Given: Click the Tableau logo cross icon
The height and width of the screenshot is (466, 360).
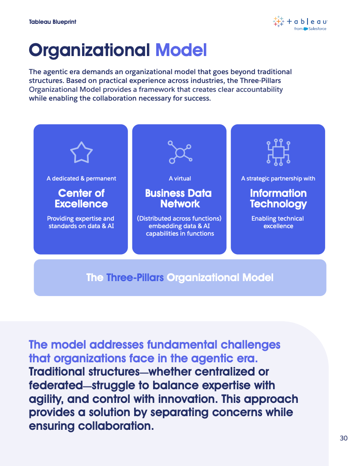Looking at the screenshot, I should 278,21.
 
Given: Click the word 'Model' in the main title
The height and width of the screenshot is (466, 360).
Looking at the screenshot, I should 181,50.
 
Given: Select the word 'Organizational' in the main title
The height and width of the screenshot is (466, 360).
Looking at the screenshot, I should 90,50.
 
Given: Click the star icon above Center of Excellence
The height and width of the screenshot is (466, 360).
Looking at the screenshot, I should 81,152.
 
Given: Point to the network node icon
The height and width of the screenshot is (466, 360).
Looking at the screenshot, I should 180,152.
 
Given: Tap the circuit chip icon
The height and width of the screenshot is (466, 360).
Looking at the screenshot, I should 278,152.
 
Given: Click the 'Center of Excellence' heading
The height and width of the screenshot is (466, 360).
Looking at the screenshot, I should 81,198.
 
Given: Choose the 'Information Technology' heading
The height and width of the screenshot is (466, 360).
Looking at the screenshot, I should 278,198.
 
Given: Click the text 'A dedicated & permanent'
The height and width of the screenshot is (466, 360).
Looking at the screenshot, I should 81,179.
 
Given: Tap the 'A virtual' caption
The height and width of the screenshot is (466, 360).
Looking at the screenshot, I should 180,179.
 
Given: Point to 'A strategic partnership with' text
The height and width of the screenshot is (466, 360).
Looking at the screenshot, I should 278,179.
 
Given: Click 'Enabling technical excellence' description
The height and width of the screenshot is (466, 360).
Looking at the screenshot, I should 278,222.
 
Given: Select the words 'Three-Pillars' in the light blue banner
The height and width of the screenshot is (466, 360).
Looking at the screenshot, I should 135,278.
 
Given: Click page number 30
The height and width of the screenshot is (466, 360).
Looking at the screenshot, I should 344,438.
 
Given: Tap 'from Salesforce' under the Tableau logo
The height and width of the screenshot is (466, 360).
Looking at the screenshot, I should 310,29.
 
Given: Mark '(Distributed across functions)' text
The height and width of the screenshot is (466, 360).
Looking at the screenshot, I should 179,218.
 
